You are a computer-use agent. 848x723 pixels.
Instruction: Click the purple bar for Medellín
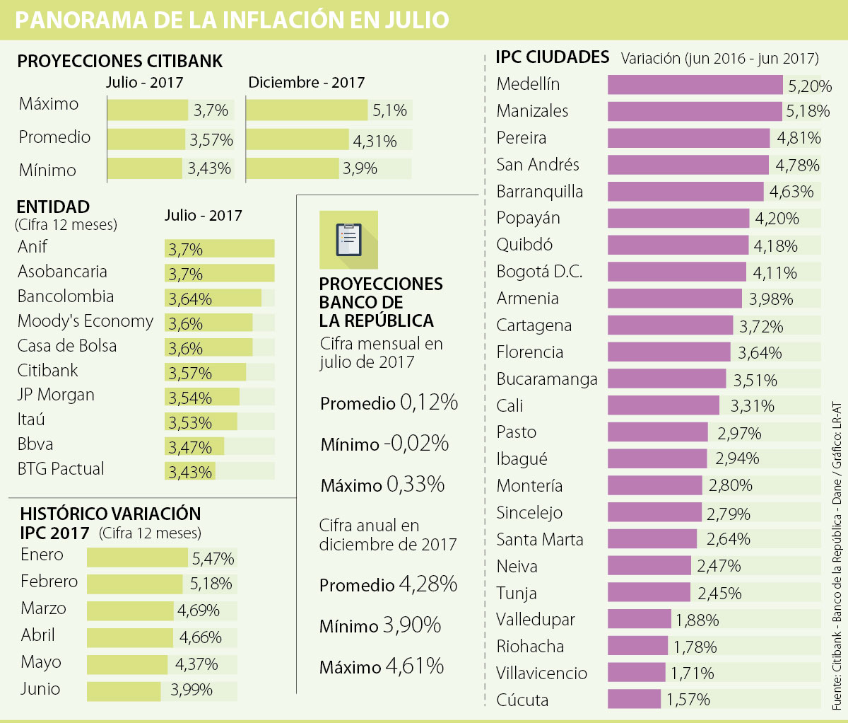[695, 85]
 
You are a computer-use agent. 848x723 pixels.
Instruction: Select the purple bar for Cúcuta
[634, 700]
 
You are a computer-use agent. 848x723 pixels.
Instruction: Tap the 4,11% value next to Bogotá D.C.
[775, 273]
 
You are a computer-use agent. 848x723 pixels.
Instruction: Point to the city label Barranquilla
[540, 192]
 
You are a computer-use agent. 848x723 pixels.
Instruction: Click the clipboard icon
[348, 240]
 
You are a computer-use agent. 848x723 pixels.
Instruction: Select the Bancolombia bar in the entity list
[213, 298]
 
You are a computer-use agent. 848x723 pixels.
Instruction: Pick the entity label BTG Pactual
[61, 469]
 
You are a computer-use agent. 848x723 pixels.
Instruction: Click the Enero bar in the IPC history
[139, 557]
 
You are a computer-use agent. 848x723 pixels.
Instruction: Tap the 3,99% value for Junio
[192, 690]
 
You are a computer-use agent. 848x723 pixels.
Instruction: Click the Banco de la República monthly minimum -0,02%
[417, 444]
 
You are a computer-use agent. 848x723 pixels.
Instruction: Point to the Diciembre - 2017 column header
[306, 83]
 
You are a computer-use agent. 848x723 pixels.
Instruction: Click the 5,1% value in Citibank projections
[390, 110]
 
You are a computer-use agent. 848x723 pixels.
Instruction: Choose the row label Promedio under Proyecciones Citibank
[54, 137]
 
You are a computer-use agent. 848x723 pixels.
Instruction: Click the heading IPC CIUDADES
[552, 57]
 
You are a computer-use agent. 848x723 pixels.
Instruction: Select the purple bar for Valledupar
[639, 620]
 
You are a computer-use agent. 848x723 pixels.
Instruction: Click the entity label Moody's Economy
[86, 321]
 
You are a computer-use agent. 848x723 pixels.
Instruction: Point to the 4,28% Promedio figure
[428, 584]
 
